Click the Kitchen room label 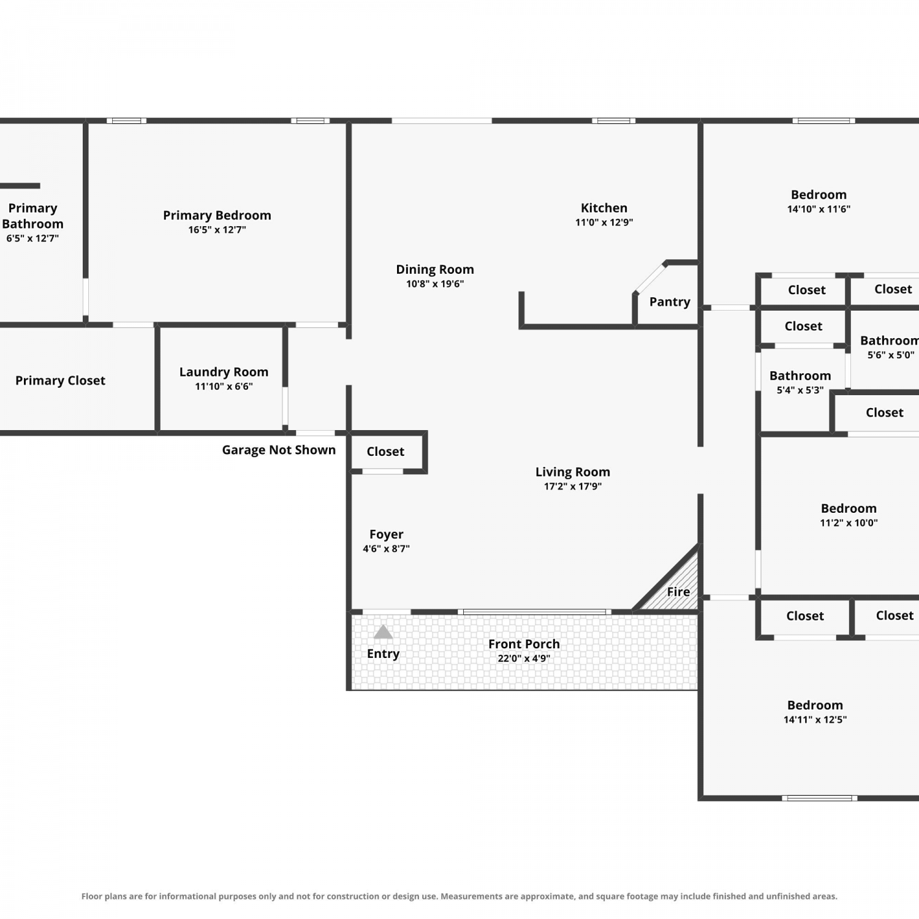[x=604, y=208]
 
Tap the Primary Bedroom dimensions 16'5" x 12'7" [x=217, y=230]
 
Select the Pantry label [x=670, y=302]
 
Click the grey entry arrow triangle [x=383, y=632]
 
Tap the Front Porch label [x=524, y=644]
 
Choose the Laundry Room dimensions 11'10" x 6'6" [x=224, y=387]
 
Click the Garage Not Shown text [x=279, y=450]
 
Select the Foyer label [x=386, y=535]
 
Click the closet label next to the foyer [x=385, y=452]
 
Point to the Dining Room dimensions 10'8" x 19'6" [x=435, y=284]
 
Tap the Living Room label [x=573, y=472]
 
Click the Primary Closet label [x=60, y=380]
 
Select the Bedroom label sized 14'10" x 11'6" [x=819, y=195]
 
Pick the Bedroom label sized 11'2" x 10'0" [x=849, y=509]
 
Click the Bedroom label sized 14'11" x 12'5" [x=815, y=705]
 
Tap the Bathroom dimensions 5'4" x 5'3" [x=800, y=390]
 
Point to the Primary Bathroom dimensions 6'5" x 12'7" [x=32, y=238]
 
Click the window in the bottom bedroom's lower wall [x=820, y=798]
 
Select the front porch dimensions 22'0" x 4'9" [x=524, y=659]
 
